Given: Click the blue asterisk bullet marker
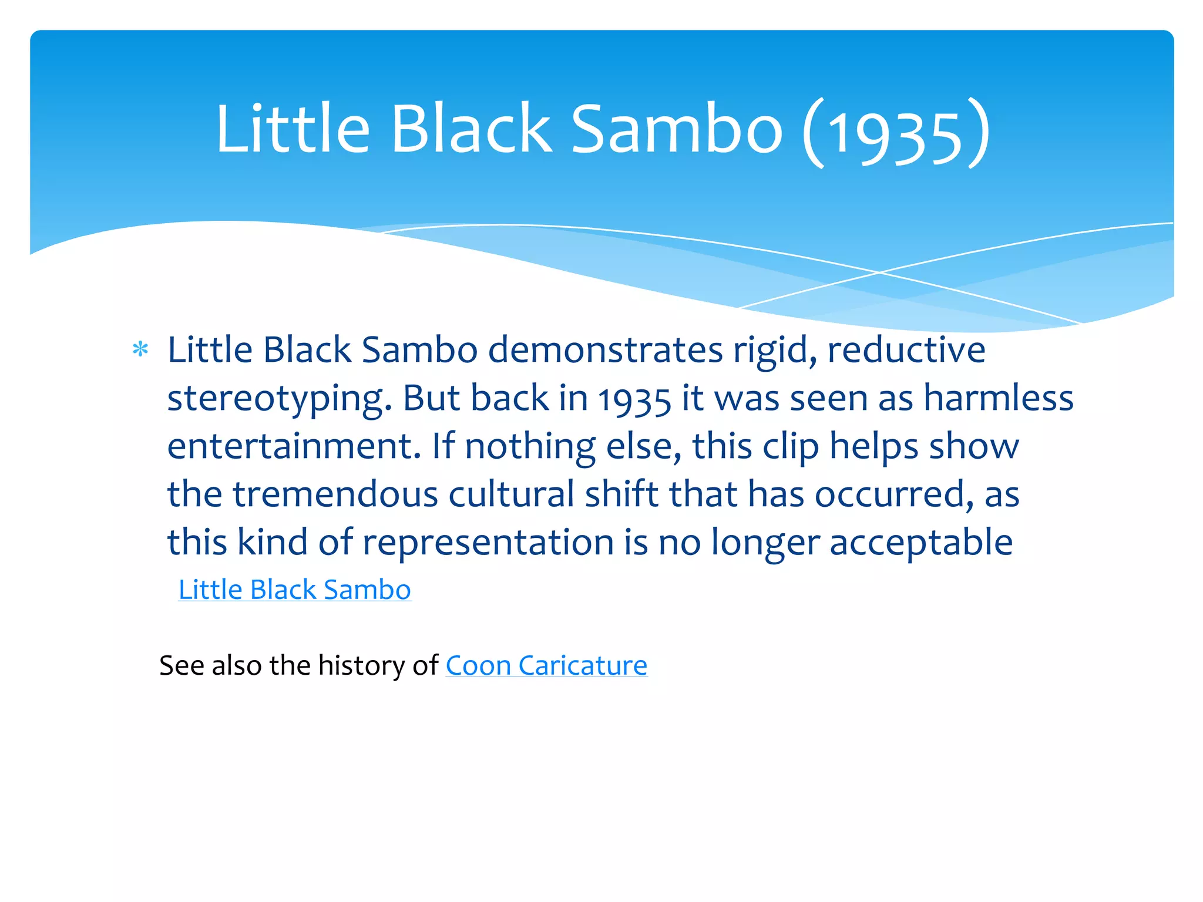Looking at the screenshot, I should point(140,350).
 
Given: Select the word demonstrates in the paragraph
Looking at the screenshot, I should point(605,351).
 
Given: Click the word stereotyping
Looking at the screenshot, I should point(280,399).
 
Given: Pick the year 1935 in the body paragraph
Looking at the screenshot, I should point(634,399).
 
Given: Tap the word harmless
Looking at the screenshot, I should point(999,398).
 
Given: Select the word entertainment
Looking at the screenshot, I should point(294,446).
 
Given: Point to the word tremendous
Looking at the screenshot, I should point(335,494).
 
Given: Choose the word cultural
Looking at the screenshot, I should point(511,494).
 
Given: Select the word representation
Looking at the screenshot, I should point(488,543).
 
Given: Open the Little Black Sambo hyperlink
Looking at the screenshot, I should point(295,590).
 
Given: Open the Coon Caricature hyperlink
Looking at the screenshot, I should point(546,666).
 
